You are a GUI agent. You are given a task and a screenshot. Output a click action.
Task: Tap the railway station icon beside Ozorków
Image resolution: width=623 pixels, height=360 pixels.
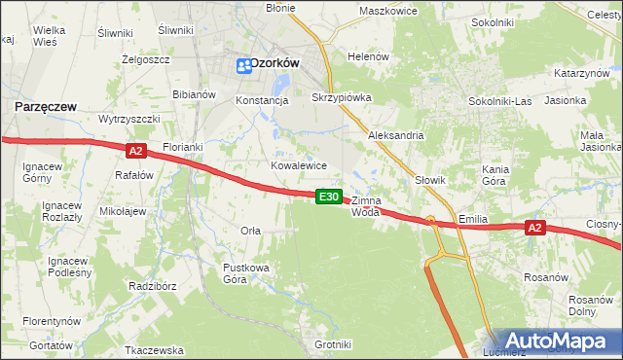click(243, 65)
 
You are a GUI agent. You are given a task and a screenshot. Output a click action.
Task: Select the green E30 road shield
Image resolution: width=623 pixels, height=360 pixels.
click(330, 197)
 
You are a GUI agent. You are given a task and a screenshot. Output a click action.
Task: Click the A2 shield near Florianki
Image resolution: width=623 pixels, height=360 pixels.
click(135, 150)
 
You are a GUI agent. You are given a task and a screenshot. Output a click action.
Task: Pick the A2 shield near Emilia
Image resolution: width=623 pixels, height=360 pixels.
click(533, 228)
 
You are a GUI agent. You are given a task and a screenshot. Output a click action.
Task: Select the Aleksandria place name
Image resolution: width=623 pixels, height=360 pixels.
click(395, 135)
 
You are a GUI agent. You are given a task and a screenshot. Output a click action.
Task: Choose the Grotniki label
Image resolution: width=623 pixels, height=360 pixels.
click(333, 344)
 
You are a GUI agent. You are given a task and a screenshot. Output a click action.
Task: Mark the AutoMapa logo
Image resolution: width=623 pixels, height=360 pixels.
click(556, 342)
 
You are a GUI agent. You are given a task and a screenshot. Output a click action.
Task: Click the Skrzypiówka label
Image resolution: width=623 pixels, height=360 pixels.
click(341, 98)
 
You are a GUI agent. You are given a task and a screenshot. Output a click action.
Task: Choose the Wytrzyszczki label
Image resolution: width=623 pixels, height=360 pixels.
click(128, 118)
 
